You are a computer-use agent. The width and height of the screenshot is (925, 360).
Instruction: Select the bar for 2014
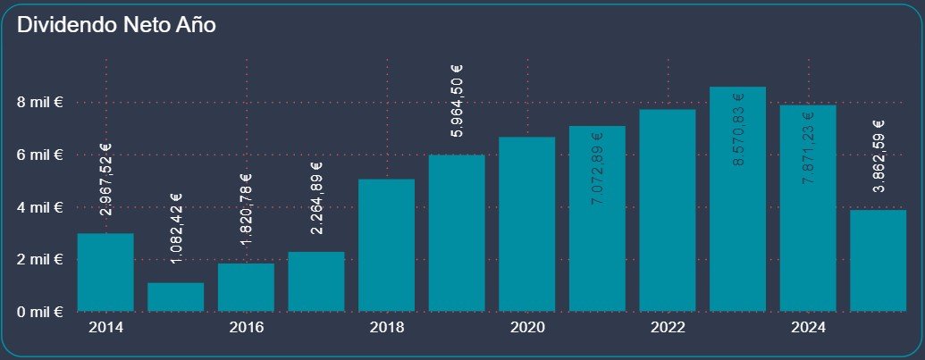point(105,272)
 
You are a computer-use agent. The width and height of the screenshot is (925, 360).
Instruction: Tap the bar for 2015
point(176,297)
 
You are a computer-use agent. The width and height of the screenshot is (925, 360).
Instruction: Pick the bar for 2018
point(386,246)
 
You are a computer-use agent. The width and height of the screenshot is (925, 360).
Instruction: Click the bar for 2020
point(526,224)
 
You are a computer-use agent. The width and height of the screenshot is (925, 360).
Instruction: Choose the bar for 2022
point(668,211)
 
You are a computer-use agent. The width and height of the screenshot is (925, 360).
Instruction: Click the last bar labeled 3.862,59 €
point(878,261)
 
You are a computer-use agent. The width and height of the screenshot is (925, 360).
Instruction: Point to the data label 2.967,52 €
point(105,180)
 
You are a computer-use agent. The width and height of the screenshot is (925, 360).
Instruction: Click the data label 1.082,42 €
point(176,229)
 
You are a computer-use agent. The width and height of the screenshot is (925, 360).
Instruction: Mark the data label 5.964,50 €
point(457,101)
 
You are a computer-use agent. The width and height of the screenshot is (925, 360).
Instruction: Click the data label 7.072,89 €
point(597,169)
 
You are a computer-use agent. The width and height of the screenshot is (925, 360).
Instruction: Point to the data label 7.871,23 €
point(808,148)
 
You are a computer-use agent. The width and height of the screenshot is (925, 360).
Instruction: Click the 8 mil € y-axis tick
point(39,102)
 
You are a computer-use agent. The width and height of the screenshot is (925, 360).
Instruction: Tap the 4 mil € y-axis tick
point(39,207)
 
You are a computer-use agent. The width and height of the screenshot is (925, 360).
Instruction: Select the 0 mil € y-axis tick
point(39,313)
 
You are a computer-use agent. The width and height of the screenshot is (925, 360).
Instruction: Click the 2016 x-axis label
point(246,328)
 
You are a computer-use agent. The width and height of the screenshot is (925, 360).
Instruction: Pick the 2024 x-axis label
point(808,328)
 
